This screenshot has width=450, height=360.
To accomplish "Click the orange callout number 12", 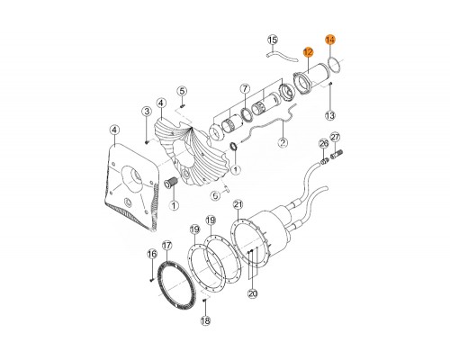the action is click(308, 52).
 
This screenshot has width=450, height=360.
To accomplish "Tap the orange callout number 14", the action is click(330, 40).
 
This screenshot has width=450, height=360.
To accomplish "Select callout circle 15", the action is click(273, 40).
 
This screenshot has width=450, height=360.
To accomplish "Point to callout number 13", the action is click(330, 115).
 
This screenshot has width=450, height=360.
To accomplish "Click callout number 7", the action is click(245, 88).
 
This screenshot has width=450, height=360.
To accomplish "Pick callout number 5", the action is click(182, 91).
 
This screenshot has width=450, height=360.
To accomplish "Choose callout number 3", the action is click(147, 112).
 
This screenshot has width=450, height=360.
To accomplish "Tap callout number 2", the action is click(283, 142).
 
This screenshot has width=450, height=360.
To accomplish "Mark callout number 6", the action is click(215, 195).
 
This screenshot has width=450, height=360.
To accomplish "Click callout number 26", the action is click(324, 143).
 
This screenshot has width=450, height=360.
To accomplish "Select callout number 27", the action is click(335, 138).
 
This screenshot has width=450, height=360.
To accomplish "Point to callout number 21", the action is click(238, 205).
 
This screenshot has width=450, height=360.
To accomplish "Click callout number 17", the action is click(166, 246).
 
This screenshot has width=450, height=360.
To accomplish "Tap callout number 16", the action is click(152, 254).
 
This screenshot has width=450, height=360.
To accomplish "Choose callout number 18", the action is click(205, 320).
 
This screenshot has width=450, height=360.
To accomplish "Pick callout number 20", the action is click(253, 293).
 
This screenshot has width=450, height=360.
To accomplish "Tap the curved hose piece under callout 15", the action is click(282, 57).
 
